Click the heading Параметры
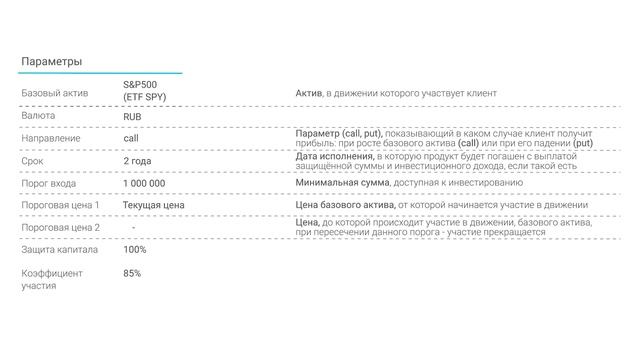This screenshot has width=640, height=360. tap(52, 62)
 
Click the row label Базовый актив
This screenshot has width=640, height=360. tap(56, 93)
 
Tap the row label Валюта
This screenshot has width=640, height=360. tap(39, 116)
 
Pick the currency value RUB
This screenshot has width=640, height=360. tap(133, 116)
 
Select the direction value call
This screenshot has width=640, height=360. tap(131, 138)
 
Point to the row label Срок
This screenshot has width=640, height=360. tap(33, 161)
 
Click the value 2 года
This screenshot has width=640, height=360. tap(138, 161)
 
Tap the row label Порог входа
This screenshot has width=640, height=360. tap(49, 183)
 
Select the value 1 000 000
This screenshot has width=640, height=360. tap(145, 183)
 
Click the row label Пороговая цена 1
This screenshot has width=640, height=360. tap(61, 205)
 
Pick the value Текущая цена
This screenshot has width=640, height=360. tap(154, 205)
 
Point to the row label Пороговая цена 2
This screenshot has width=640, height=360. tap(61, 227)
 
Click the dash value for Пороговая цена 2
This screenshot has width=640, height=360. tap(133, 227)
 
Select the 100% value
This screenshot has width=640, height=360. tap(135, 250)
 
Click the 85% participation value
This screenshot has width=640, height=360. tap(132, 273)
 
